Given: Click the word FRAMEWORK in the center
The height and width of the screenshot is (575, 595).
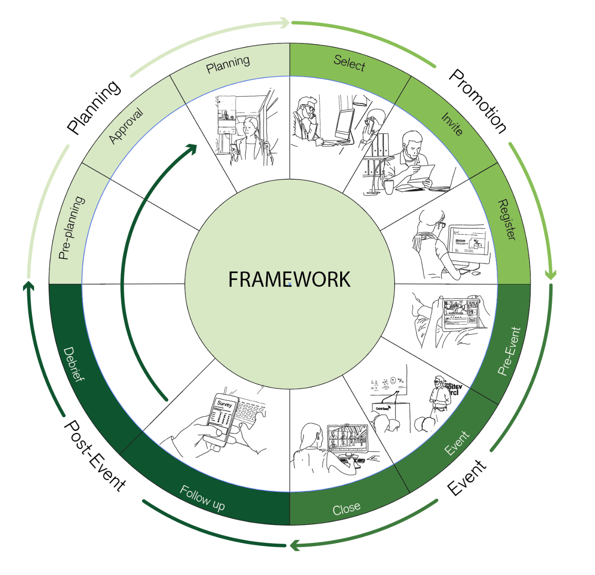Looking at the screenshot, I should (x=289, y=279).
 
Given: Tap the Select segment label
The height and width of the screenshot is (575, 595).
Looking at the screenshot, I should (x=349, y=63).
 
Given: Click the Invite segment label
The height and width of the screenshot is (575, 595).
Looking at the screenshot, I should (x=452, y=124).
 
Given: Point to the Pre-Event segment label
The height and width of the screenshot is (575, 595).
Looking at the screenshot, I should (x=509, y=351).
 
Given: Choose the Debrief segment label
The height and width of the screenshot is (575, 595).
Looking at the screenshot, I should (x=73, y=364).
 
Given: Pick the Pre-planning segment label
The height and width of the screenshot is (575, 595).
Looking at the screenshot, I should (x=71, y=228).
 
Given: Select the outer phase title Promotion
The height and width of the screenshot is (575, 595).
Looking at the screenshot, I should (x=478, y=101).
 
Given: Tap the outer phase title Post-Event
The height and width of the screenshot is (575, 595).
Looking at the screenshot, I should (x=95, y=456).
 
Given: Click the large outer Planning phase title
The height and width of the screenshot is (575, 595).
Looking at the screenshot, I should (x=94, y=107).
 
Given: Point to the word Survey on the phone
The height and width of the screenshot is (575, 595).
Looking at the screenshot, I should (x=224, y=404).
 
